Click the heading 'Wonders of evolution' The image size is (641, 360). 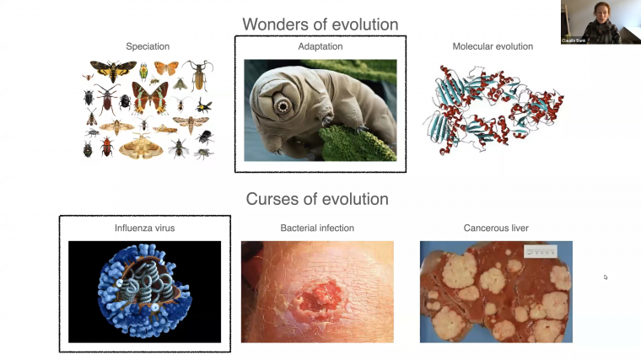(x=320, y=24)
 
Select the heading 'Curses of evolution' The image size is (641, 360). (x=317, y=200)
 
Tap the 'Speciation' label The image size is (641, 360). (x=148, y=46)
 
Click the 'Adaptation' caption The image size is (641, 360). (x=320, y=46)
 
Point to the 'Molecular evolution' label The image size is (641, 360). (x=493, y=46)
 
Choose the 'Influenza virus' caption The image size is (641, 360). (x=144, y=228)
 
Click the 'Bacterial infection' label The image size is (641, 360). (x=317, y=228)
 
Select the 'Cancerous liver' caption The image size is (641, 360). (x=496, y=228)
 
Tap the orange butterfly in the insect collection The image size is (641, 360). (x=166, y=68)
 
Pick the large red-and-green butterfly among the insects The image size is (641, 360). (x=150, y=98)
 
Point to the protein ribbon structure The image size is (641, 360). (x=493, y=110)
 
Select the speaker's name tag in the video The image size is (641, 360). (x=574, y=40)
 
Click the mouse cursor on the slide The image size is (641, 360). (x=606, y=277)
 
